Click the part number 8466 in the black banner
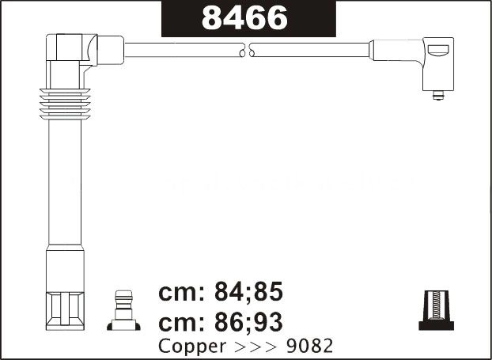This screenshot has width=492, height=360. (244, 18)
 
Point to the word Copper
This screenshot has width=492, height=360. (192, 347)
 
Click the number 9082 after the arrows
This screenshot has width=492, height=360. (309, 346)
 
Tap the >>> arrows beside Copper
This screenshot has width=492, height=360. (255, 347)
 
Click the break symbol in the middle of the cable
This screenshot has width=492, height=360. (247, 50)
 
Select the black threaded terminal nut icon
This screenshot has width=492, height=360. (436, 310)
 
